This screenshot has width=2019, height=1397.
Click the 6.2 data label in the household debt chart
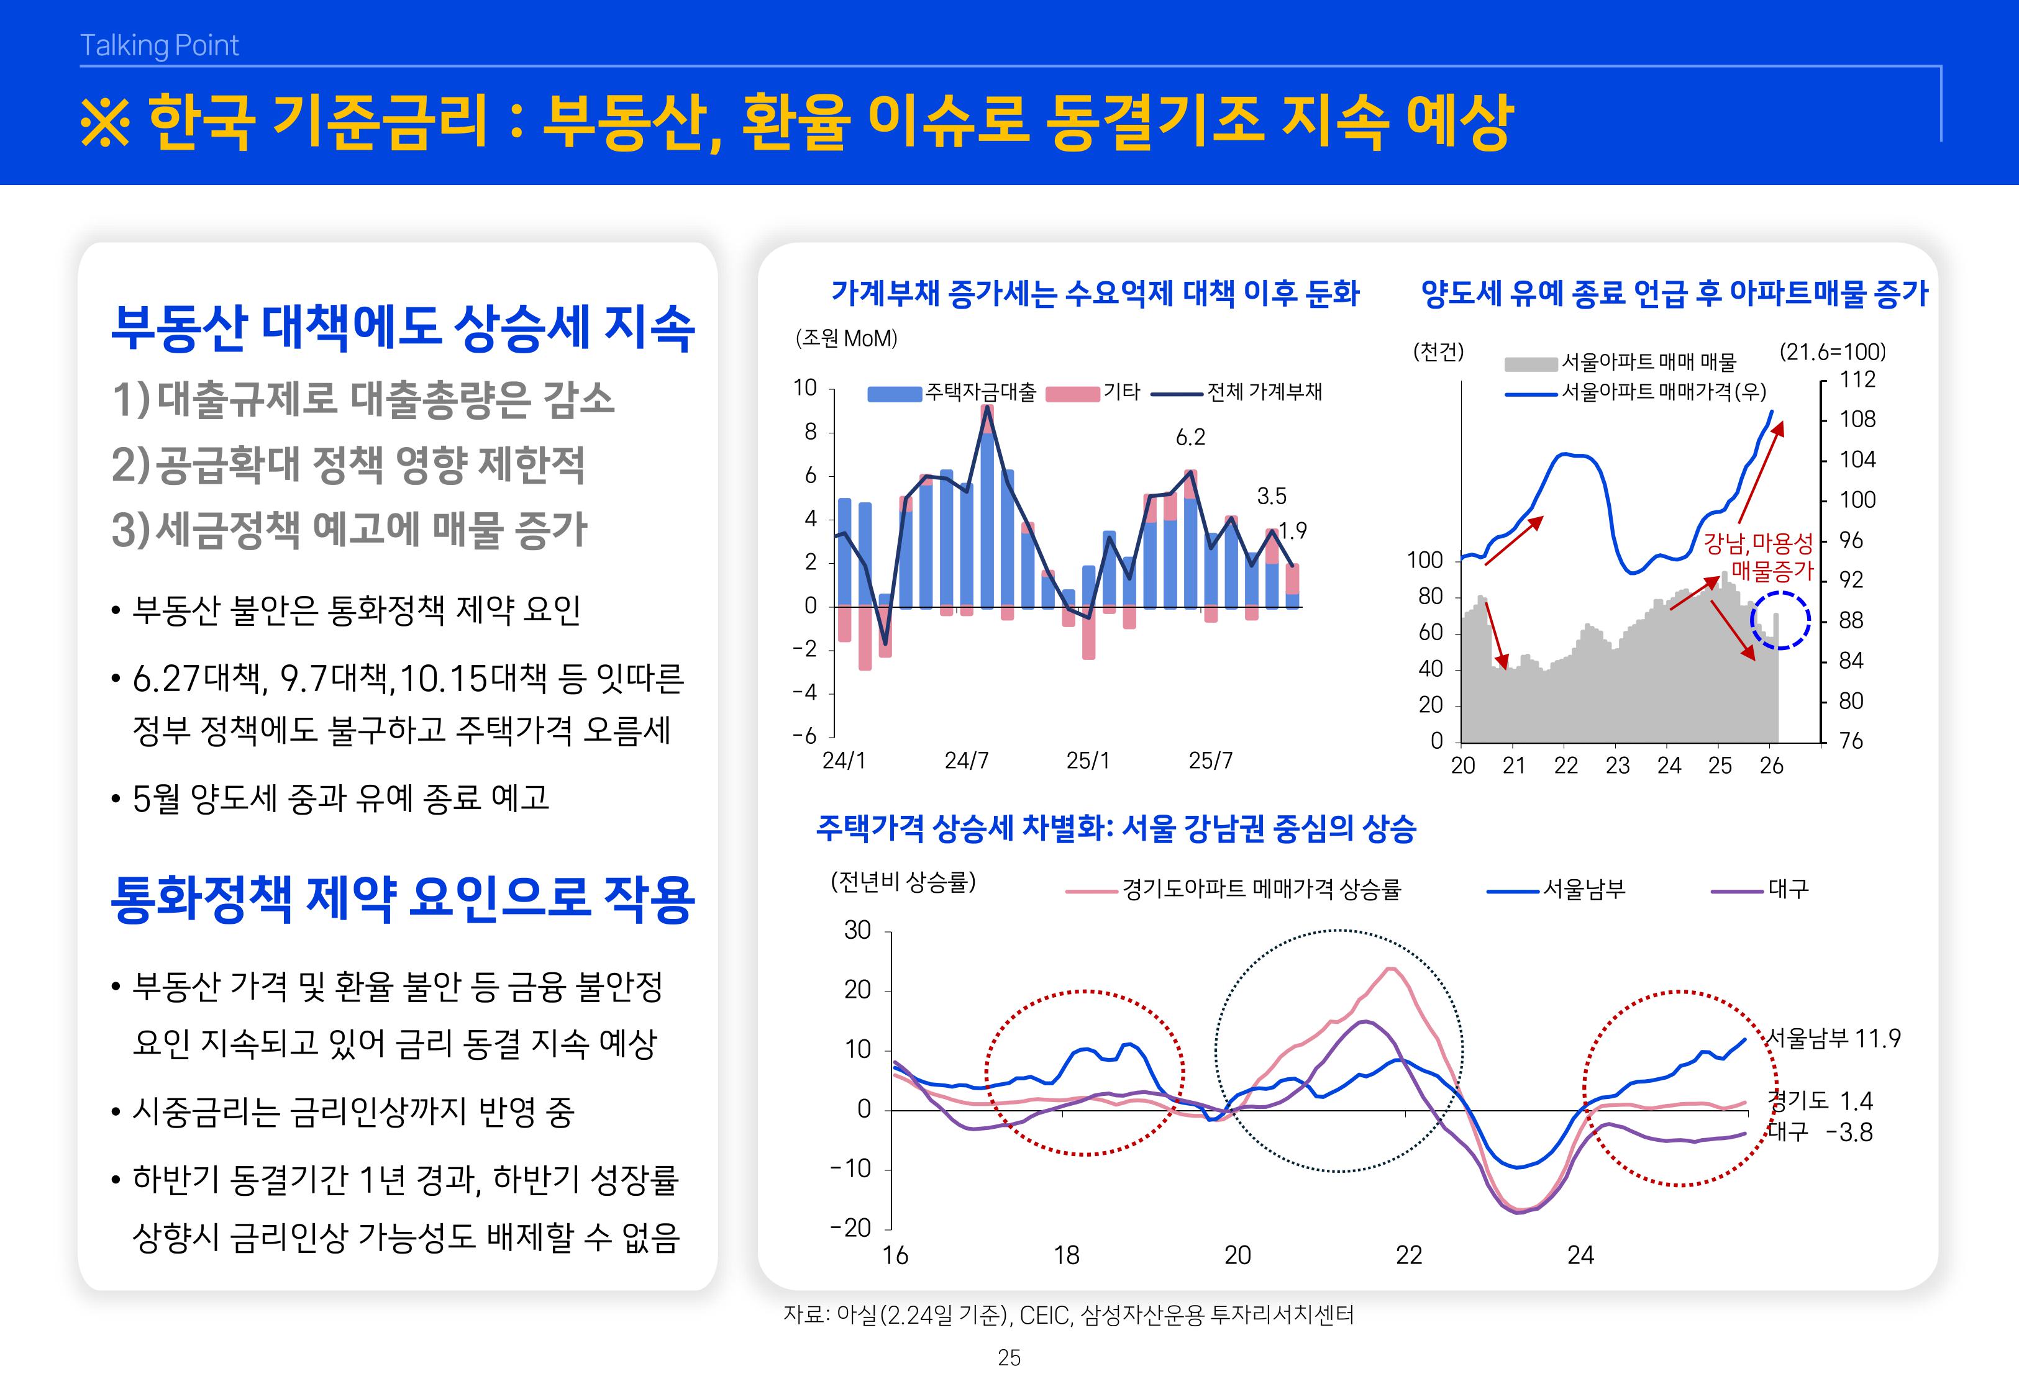pos(1190,436)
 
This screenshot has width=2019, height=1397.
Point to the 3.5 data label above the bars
pos(1271,496)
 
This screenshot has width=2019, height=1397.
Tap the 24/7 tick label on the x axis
pos(966,761)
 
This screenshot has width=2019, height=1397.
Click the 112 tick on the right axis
pos(1857,380)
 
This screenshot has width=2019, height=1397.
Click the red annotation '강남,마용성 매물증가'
pos(1760,558)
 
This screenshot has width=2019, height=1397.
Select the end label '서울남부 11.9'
pos(1833,1039)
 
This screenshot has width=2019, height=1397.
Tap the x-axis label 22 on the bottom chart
pos(1408,1255)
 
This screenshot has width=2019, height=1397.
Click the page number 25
pos(1009,1358)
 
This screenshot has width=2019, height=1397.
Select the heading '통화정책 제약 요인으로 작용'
pos(403,899)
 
